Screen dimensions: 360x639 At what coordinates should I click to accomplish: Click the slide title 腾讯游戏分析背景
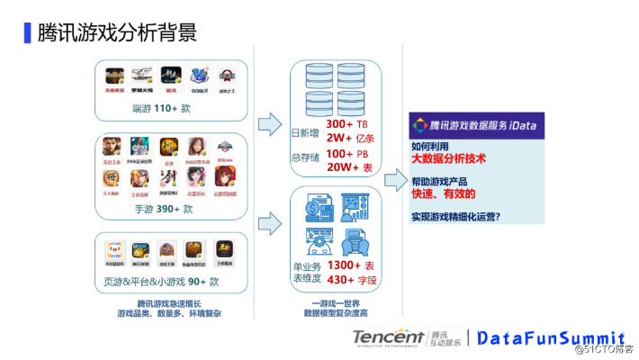(115, 33)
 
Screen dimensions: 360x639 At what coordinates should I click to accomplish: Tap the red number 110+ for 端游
(166, 109)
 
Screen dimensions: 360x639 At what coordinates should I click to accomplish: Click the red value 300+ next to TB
(339, 123)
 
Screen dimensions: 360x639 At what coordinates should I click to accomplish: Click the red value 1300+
(343, 266)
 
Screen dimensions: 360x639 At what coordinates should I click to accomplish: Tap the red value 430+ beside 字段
(341, 281)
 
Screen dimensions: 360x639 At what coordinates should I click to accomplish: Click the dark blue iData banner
(474, 125)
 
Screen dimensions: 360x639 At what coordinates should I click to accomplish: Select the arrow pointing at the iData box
(393, 181)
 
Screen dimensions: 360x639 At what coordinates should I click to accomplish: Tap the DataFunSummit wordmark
(550, 337)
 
